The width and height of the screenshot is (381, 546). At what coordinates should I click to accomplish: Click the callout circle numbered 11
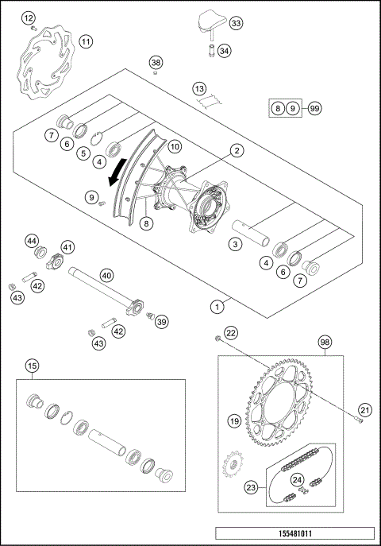pyautogui.click(x=86, y=41)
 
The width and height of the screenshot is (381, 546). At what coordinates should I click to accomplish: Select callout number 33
pyautogui.click(x=236, y=24)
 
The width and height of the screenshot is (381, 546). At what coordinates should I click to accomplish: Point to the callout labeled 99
pyautogui.click(x=315, y=108)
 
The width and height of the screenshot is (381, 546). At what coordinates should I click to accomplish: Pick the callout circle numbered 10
pyautogui.click(x=175, y=147)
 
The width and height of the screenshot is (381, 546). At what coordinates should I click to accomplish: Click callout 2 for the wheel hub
pyautogui.click(x=237, y=149)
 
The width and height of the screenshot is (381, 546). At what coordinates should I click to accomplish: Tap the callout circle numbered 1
pyautogui.click(x=216, y=305)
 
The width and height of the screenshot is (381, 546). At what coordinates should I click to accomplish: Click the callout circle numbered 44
pyautogui.click(x=32, y=240)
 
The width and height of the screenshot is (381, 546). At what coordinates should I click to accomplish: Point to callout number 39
pyautogui.click(x=162, y=321)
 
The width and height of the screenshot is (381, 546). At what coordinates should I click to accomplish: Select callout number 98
pyautogui.click(x=325, y=341)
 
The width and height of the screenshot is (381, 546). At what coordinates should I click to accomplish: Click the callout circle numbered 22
pyautogui.click(x=231, y=332)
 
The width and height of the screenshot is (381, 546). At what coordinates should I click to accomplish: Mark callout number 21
pyautogui.click(x=365, y=410)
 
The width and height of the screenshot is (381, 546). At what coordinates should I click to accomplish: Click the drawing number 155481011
pyautogui.click(x=294, y=533)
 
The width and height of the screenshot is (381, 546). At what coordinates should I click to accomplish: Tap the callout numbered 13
pyautogui.click(x=199, y=90)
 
